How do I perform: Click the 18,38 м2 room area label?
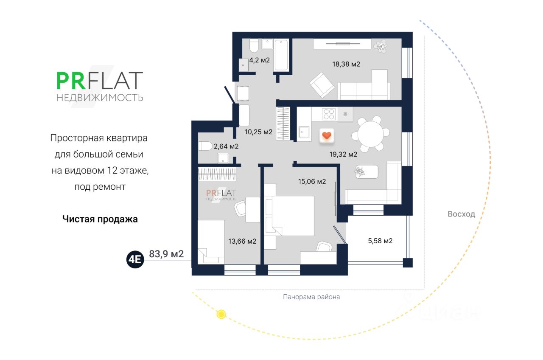coord(346,65)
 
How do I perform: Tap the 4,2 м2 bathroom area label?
coord(260,60)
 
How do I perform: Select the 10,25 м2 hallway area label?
coord(258,132)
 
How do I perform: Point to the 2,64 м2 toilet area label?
coord(226,146)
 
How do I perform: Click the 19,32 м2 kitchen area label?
coord(343,155)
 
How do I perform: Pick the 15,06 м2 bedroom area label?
coord(312,182)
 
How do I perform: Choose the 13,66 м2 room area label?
coord(242,241)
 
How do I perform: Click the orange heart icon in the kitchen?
coord(326,135)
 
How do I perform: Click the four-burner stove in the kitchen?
coord(329,114)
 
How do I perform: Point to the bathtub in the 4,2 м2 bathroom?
coord(281,55)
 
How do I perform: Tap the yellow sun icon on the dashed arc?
coord(221,315)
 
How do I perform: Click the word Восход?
coord(461,214)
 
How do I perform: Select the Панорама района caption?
coord(311,297)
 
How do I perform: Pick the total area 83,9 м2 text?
coord(166,254)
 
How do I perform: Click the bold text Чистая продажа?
coord(100,219)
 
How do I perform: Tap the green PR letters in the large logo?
coord(68,81)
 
